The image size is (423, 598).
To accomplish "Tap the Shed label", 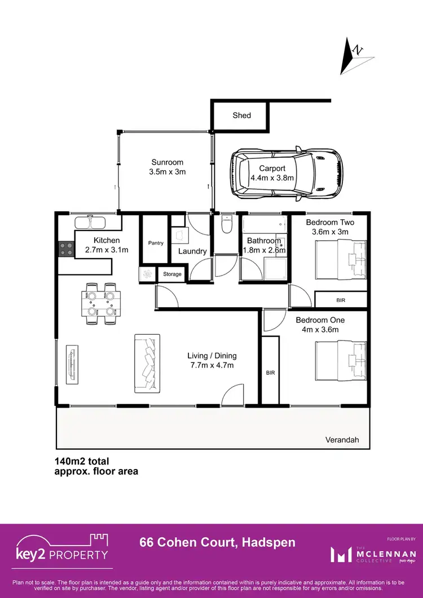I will click(x=241, y=116).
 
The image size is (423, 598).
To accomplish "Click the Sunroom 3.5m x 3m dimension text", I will click(x=167, y=172).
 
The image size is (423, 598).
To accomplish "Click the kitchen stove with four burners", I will click(x=66, y=249).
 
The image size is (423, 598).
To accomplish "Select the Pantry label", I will click(x=156, y=243).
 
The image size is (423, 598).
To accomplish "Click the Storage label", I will click(x=173, y=274).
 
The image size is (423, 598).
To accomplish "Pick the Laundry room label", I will click(x=193, y=251).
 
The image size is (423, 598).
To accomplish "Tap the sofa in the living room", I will click(x=147, y=363).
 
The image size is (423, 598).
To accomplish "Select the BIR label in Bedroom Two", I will click(x=340, y=300).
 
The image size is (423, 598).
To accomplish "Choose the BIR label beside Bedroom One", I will click(x=270, y=373).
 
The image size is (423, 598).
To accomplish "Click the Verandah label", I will click(x=342, y=440).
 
